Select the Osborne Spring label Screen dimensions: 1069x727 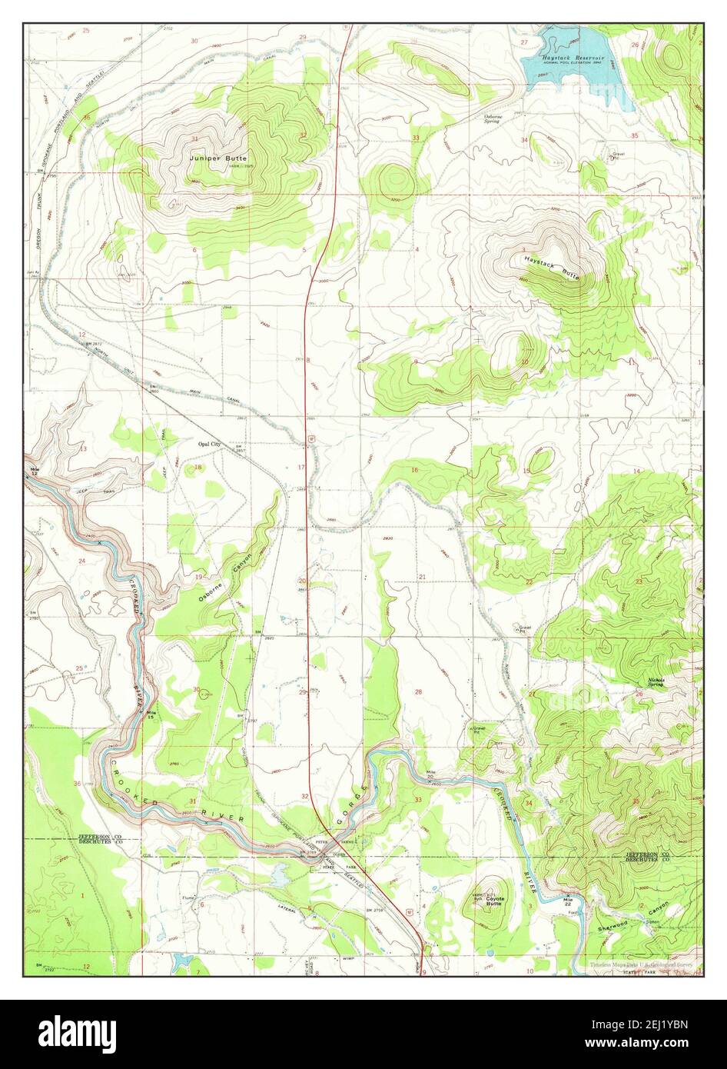(x=492, y=118)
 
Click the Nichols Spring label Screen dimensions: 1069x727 (x=656, y=682)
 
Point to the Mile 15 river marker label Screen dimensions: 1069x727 (x=154, y=715)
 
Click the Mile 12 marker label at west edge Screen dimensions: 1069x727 (x=34, y=471)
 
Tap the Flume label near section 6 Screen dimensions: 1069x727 (x=188, y=897)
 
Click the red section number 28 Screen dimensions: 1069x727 (x=418, y=692)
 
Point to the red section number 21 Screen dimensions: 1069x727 (x=422, y=576)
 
